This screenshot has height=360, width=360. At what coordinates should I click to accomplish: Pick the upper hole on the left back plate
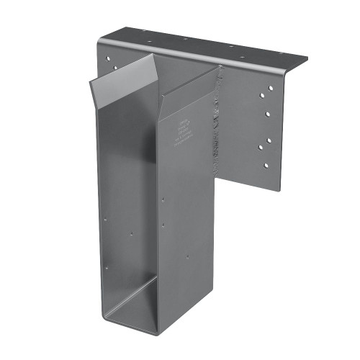pyautogui.click(x=110, y=55)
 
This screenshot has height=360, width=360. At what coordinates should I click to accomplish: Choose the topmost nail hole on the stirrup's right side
pyautogui.click(x=163, y=200)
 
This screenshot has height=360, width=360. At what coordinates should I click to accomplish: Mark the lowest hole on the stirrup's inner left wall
pyautogui.click(x=107, y=268)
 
